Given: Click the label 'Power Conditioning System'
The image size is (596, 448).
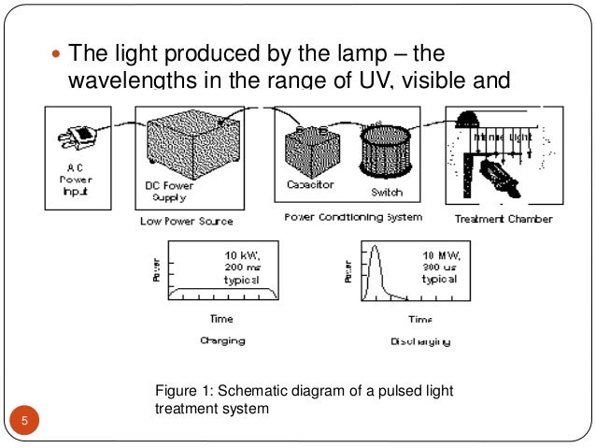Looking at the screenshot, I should [354, 217].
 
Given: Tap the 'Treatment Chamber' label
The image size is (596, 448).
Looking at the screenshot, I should [504, 219].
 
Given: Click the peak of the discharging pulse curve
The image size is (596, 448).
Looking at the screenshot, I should [374, 247].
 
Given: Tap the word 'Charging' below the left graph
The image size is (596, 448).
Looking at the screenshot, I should [222, 340].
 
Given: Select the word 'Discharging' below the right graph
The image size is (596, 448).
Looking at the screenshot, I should [419, 341].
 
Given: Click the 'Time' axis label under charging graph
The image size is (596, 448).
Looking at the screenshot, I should [221, 319].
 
